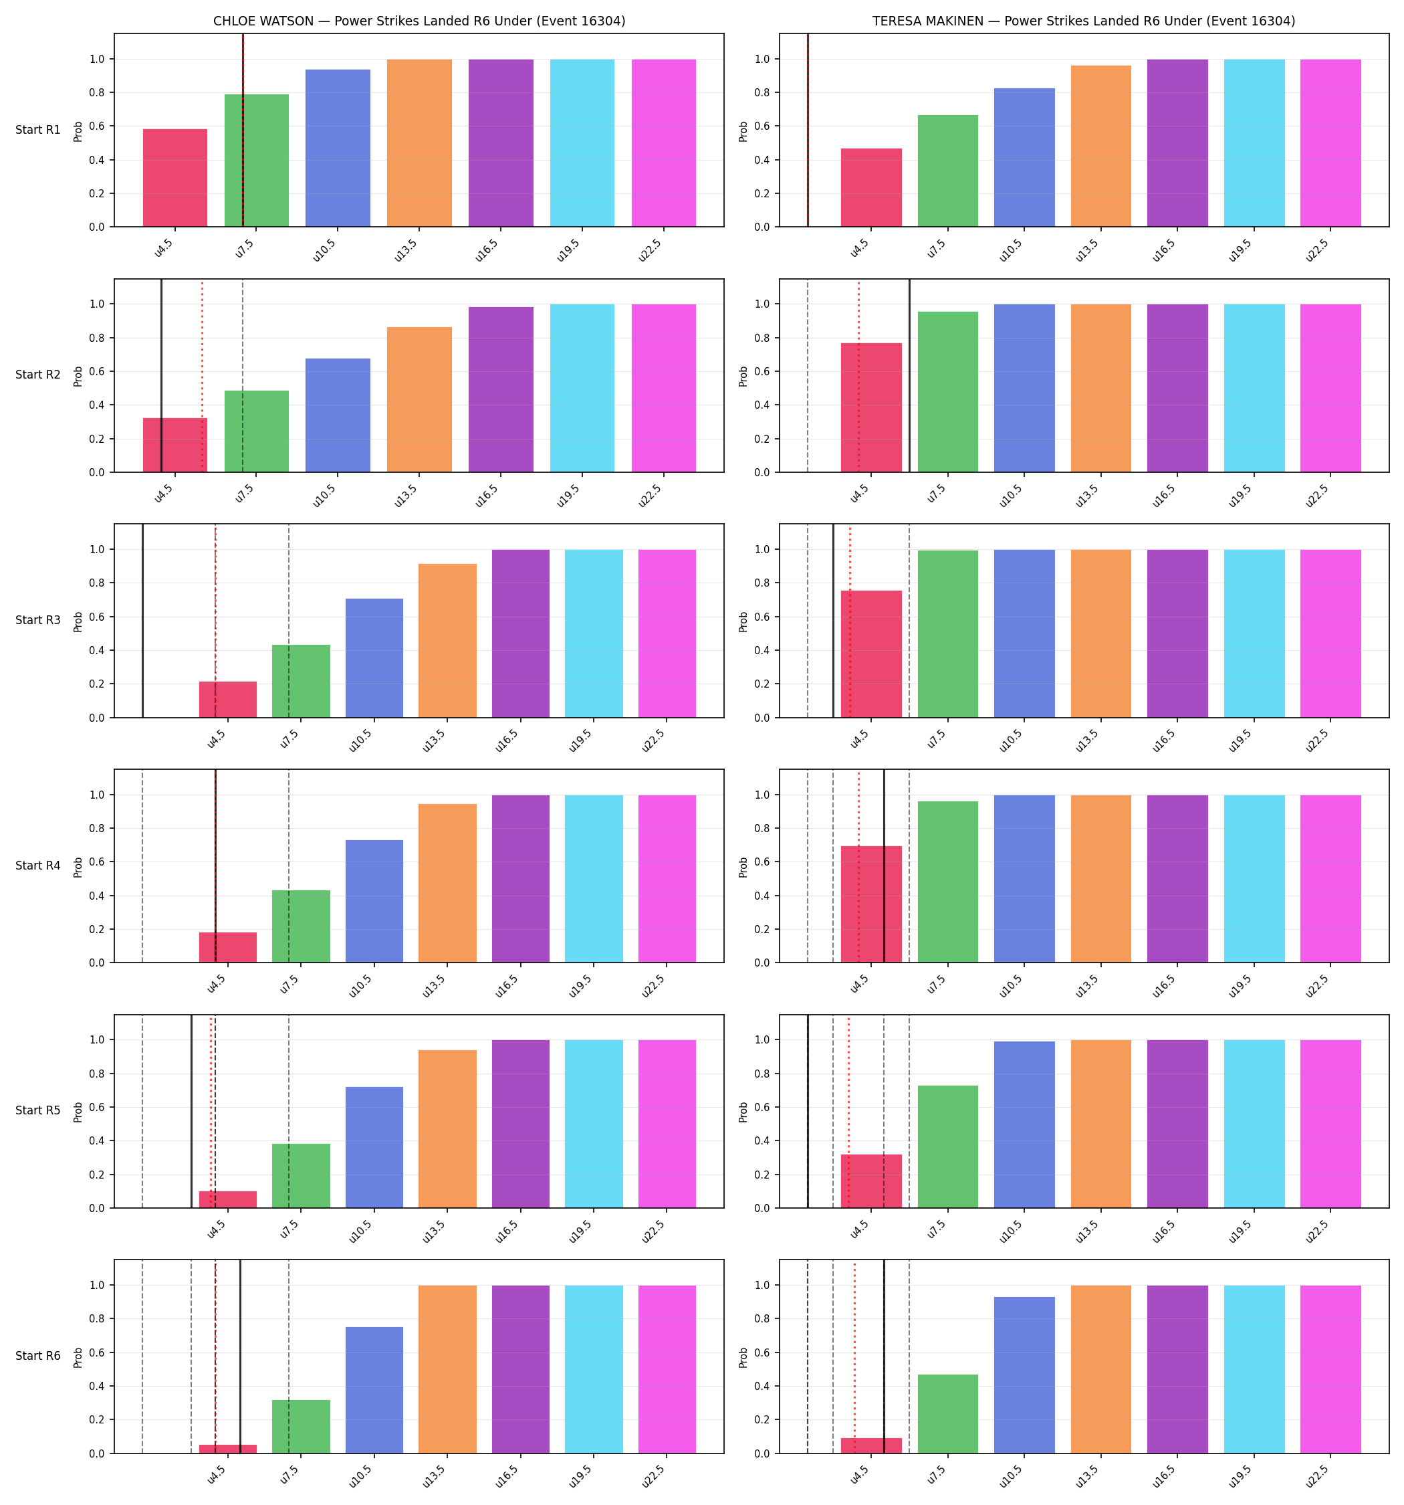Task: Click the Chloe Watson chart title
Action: (419, 21)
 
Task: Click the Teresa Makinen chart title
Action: (1084, 21)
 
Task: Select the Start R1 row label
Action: (38, 130)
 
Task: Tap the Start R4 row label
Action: (38, 866)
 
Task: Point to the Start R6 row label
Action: (38, 1356)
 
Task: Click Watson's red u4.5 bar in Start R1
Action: (175, 178)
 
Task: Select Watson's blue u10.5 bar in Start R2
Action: (338, 415)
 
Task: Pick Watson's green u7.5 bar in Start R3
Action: (302, 682)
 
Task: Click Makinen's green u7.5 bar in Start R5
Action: (947, 1147)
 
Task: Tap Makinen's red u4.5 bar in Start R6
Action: (871, 1445)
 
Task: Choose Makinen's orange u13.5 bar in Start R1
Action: (1100, 146)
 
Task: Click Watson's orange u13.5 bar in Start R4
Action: (447, 884)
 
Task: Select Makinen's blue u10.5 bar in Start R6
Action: (1024, 1375)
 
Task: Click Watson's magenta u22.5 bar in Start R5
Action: (667, 1124)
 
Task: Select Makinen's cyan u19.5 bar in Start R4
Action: (1254, 879)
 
